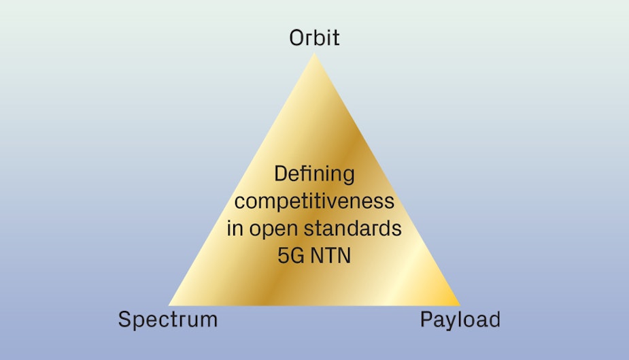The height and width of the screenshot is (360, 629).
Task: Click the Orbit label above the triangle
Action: pyautogui.click(x=314, y=37)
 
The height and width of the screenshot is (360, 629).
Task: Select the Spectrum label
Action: pyautogui.click(x=168, y=319)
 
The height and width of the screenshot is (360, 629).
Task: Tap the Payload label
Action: pyautogui.click(x=460, y=319)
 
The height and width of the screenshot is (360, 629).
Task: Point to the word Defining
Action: pyautogui.click(x=314, y=174)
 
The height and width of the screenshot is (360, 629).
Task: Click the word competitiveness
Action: pyautogui.click(x=314, y=201)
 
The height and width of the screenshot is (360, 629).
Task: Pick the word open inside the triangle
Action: pyautogui.click(x=275, y=229)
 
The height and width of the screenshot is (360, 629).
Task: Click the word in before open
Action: pyautogui.click(x=235, y=229)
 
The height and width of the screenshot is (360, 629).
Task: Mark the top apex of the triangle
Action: pyautogui.click(x=314, y=54)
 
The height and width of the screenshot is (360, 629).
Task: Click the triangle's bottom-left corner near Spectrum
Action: pyautogui.click(x=170, y=304)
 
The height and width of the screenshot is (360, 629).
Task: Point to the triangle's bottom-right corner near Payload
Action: pyautogui.click(x=459, y=304)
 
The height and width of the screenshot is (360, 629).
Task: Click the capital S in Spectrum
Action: pyautogui.click(x=125, y=319)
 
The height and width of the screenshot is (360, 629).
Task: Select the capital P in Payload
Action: pyautogui.click(x=426, y=319)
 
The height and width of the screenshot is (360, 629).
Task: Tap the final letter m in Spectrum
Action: pyautogui.click(x=209, y=320)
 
